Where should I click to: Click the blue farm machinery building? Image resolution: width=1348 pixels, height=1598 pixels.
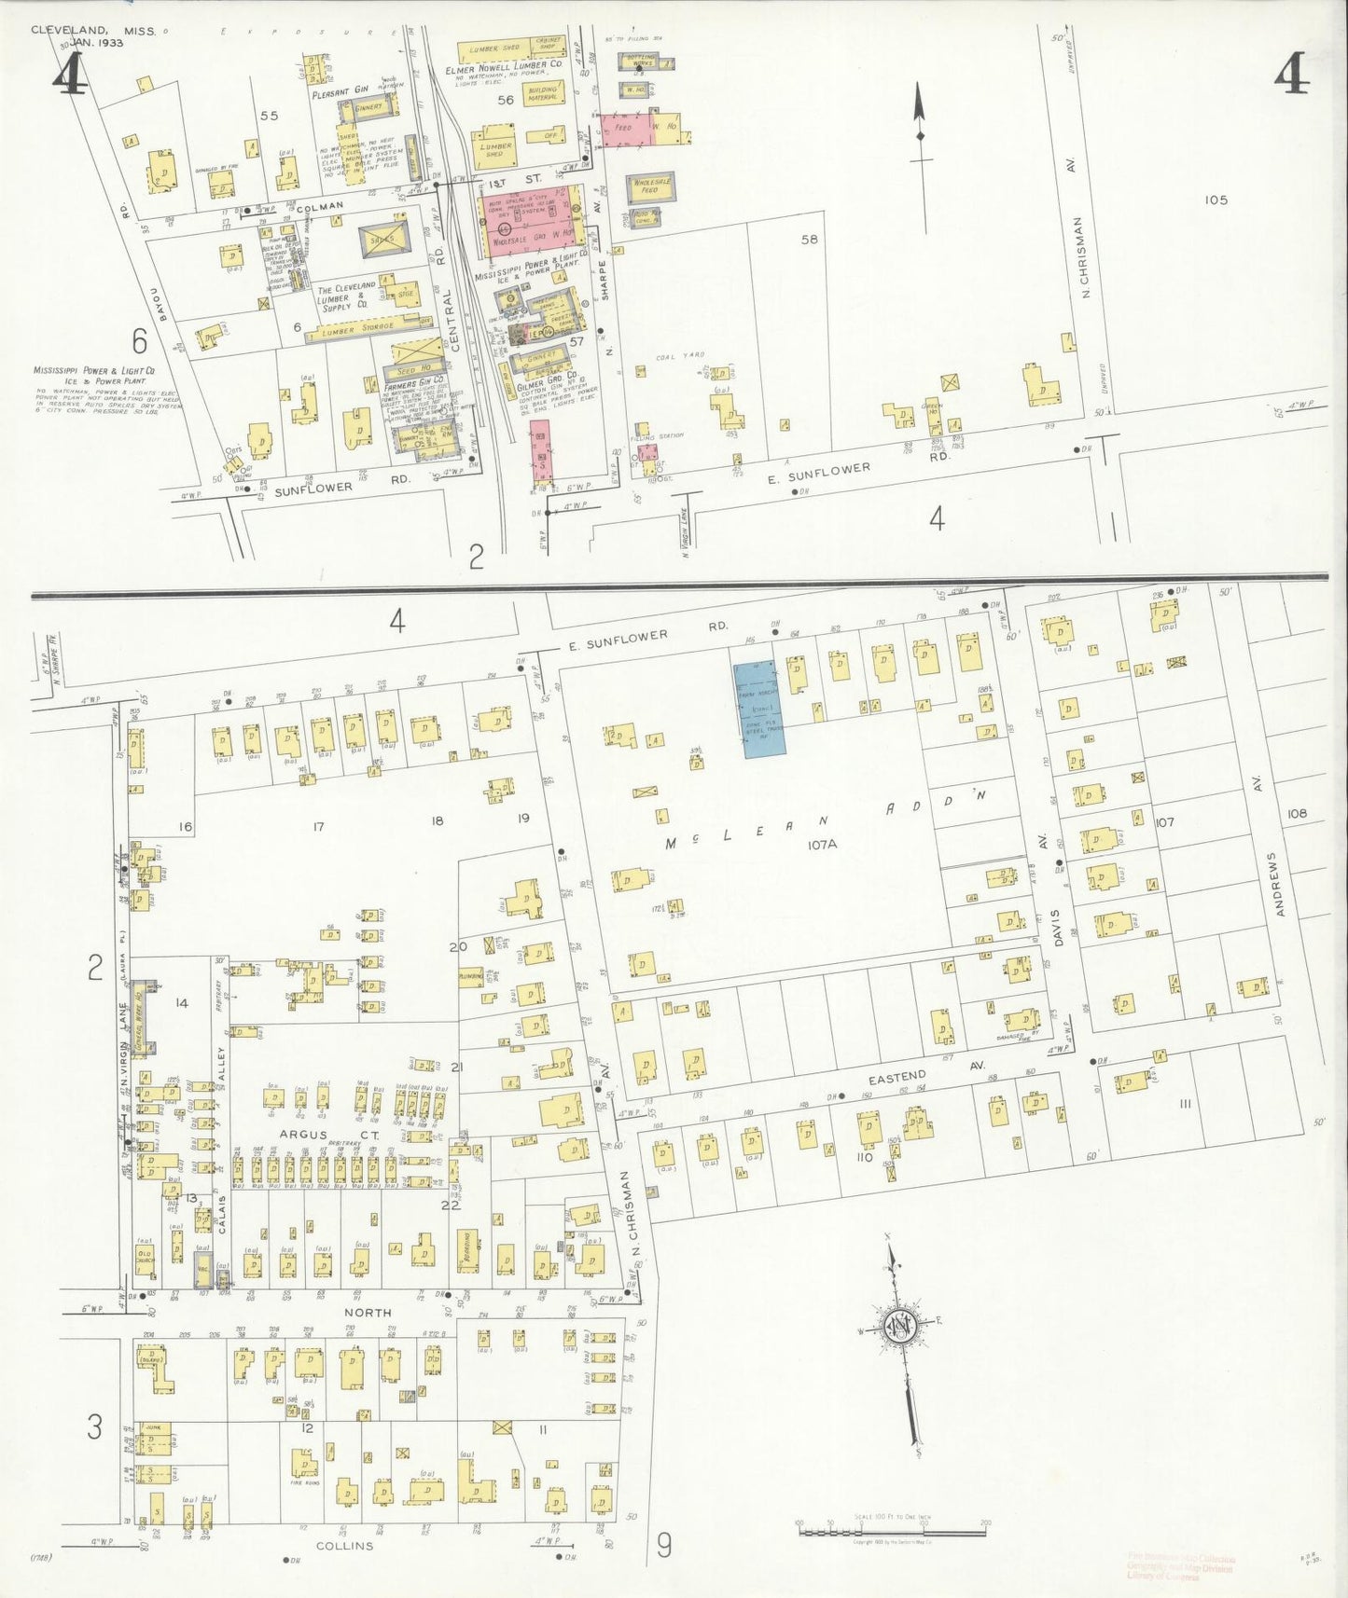pos(758,709)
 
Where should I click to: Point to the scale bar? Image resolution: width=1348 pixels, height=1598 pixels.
pos(892,1531)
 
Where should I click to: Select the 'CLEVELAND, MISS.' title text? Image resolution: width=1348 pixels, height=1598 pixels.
pos(93,30)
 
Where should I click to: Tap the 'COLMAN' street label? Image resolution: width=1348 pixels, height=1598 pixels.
pos(318,205)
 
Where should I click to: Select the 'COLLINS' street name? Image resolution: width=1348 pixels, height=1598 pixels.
pos(344,1545)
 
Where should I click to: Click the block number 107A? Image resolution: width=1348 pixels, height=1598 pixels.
pos(824,844)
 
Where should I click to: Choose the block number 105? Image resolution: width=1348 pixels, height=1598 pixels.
pos(1216,200)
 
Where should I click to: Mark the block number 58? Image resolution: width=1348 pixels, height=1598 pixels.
pos(809,240)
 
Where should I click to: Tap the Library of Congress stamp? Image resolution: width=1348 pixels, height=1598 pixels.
pos(1180,1565)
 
